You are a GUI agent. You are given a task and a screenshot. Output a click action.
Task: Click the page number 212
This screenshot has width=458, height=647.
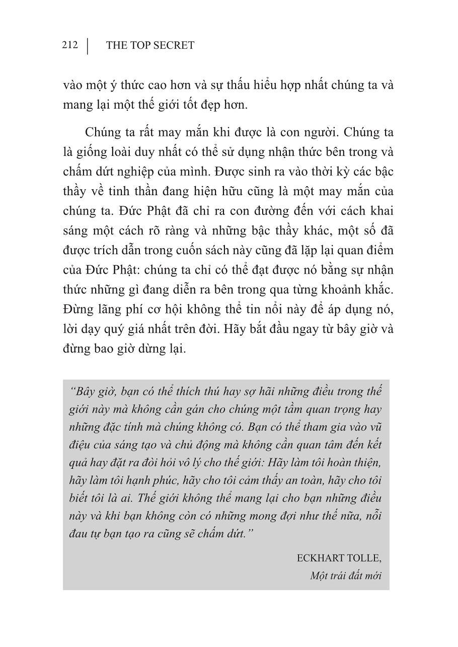pyautogui.click(x=70, y=45)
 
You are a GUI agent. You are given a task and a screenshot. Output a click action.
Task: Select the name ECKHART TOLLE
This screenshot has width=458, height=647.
pyautogui.click(x=339, y=558)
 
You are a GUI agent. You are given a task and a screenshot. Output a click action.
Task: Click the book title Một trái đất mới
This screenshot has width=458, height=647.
pyautogui.click(x=346, y=576)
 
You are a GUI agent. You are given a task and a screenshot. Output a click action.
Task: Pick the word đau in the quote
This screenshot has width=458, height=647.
pyautogui.click(x=77, y=534)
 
